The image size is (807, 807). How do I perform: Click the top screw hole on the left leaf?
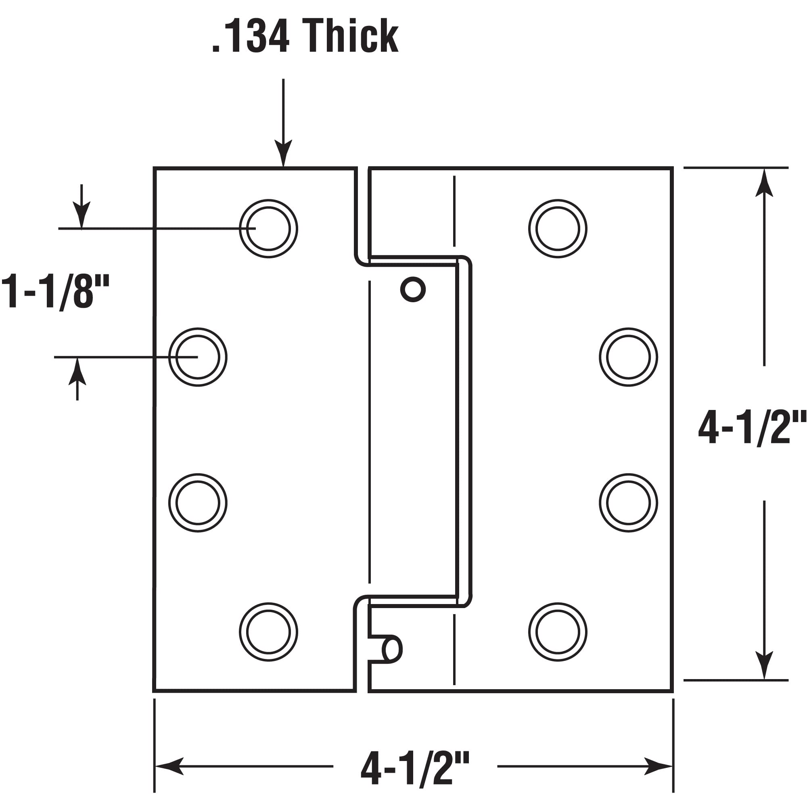click(x=269, y=228)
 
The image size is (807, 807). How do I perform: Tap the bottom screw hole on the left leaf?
click(x=269, y=632)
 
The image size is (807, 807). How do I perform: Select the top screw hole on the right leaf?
click(x=558, y=228)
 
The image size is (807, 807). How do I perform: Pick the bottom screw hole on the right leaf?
click(x=558, y=632)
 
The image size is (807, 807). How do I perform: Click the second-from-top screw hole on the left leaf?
click(x=198, y=357)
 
